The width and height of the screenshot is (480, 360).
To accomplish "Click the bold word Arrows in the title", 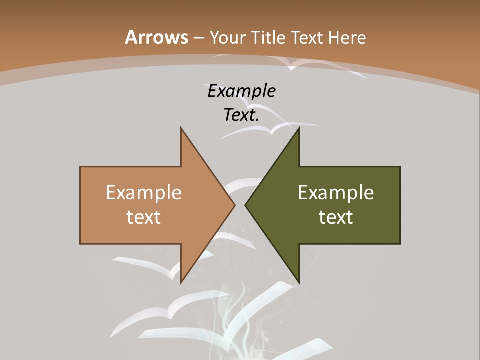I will pos(156,37).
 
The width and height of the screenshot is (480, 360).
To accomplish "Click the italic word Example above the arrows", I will pos(241,91).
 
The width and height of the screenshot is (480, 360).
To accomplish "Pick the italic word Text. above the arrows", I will pos(241,115).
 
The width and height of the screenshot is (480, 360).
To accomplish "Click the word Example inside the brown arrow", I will pos(144,192).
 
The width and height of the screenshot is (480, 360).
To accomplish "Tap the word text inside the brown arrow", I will pos(144,217).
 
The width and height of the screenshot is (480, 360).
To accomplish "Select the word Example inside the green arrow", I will pos(336,192).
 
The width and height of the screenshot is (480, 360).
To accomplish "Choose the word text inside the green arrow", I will pos(336,217).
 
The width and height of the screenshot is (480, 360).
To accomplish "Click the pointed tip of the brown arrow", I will pos(234,205).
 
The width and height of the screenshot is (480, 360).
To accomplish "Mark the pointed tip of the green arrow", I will pos(245,205).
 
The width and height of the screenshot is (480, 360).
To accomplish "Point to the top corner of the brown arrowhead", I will pos(181,128).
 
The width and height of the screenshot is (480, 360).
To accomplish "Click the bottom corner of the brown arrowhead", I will pos(181,282).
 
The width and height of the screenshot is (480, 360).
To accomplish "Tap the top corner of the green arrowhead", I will pos(299,128).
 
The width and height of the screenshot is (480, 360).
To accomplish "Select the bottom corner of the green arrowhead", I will pos(299,282).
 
